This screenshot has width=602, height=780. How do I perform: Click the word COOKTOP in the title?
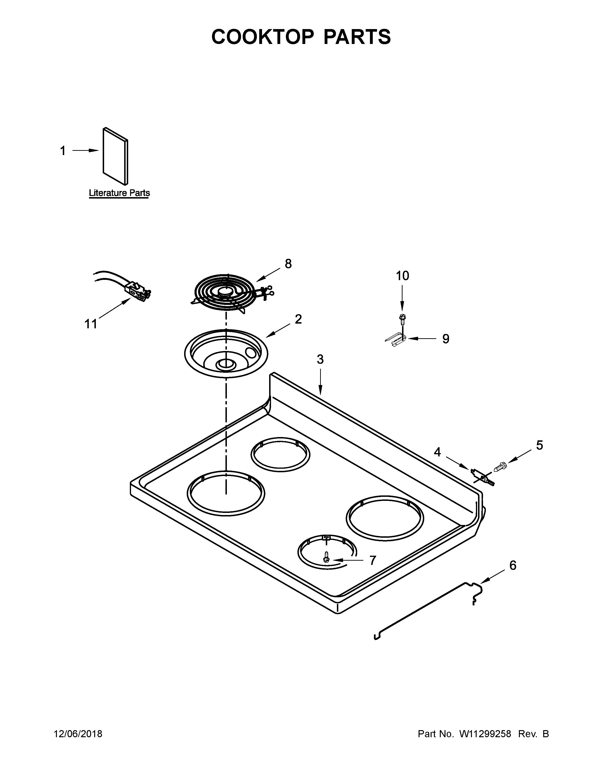coord(263,37)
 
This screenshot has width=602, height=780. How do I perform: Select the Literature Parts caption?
coord(119,193)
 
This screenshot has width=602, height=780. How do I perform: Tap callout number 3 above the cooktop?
coord(320,359)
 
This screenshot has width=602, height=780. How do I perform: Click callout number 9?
coord(445,338)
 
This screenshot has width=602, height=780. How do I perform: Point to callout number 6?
coord(513,565)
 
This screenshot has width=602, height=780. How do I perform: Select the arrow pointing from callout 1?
coord(86,151)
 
